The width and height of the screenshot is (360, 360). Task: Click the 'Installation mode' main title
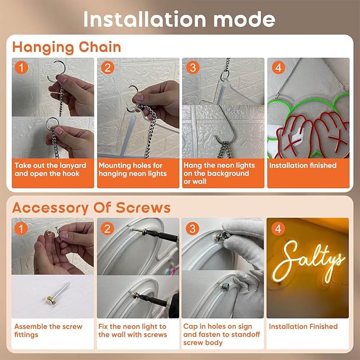[179, 19]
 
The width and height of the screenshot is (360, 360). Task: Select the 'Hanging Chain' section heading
[67, 48]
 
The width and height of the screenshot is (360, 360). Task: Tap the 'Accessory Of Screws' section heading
[91, 208]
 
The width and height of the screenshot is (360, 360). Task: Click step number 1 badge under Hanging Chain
[21, 67]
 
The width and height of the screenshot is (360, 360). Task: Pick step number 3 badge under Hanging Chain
[192, 67]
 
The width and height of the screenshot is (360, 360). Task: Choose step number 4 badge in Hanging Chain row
[278, 67]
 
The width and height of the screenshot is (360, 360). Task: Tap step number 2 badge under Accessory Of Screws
[107, 229]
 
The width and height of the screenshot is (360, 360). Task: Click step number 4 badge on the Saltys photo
[278, 229]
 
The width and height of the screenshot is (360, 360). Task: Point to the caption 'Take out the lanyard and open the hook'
[50, 170]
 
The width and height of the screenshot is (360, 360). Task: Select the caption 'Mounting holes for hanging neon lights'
[133, 170]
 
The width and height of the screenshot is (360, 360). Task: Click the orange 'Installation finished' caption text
[303, 165]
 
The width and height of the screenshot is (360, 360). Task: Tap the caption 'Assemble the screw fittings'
[48, 330]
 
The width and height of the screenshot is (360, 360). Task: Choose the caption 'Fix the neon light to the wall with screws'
[133, 330]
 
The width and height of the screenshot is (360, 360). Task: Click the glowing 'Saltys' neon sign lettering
[309, 259]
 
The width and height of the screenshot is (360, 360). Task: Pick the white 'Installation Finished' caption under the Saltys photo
[303, 327]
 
